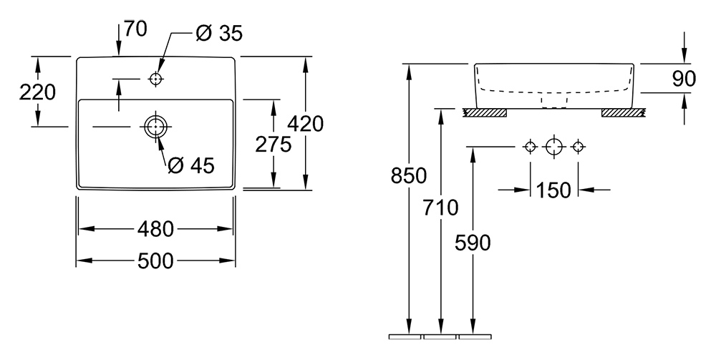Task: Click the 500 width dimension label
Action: pos(155,261)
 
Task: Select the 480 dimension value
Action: pos(155,229)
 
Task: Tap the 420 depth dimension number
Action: pos(306,123)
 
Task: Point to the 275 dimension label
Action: pos(274,145)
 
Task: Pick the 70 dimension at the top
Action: pos(135,29)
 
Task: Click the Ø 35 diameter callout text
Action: pos(219,33)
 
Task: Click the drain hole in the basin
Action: pos(155,127)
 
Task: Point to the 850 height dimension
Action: pos(410,175)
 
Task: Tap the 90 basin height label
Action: pos(684,79)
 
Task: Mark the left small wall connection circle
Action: pos(530,147)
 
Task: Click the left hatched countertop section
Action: pos(485,112)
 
